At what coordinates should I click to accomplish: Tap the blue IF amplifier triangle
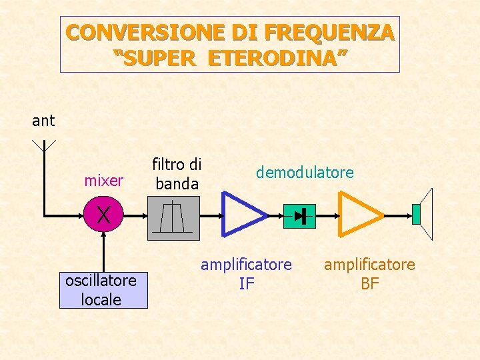click(241, 214)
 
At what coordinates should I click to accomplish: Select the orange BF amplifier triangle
click(359, 214)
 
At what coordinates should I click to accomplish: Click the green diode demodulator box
click(299, 216)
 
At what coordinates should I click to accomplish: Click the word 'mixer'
click(103, 181)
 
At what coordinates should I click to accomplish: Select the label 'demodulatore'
click(305, 173)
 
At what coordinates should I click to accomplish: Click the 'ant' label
click(43, 121)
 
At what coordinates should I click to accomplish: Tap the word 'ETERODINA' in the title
click(277, 58)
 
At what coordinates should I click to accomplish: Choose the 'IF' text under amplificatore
click(247, 284)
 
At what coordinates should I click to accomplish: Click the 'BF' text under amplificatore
click(369, 284)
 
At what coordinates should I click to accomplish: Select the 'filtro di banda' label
click(177, 173)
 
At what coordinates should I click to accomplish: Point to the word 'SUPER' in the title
click(157, 58)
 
